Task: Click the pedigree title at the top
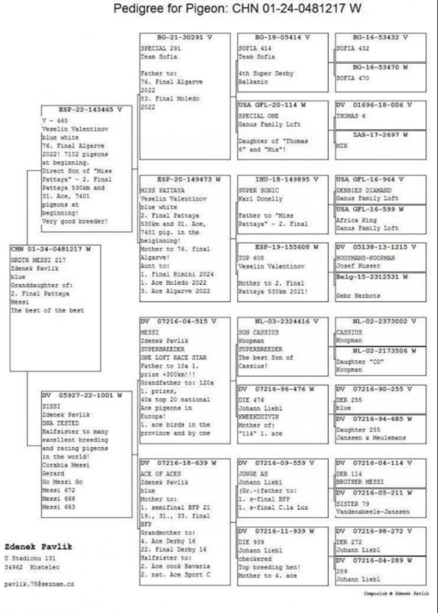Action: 237,9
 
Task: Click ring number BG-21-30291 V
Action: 178,37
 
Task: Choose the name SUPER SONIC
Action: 254,190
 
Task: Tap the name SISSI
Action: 51,405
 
